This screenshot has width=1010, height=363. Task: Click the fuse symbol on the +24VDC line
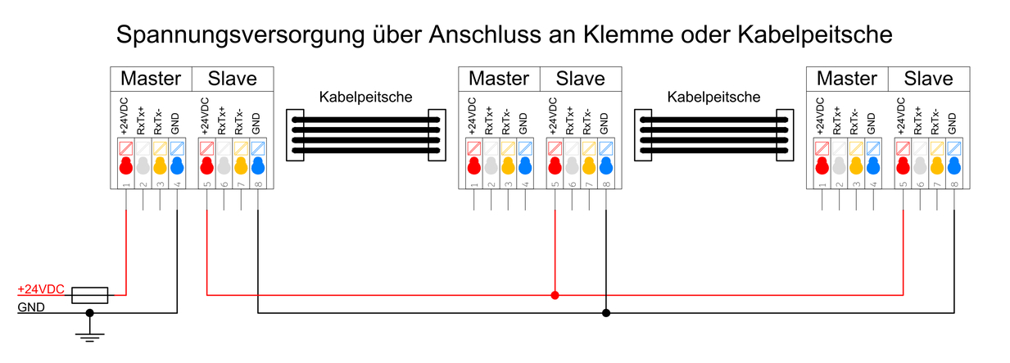click(89, 294)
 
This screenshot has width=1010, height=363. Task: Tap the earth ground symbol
click(90, 333)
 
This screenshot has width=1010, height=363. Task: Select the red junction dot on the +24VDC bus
click(555, 294)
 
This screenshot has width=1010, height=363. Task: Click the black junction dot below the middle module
click(606, 312)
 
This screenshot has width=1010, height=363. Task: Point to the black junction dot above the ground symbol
click(90, 312)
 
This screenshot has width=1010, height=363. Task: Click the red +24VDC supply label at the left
click(40, 289)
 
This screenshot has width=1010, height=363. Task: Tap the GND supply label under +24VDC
click(30, 307)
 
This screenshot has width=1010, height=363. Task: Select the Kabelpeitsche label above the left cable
click(365, 97)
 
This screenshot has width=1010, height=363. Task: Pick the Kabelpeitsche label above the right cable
click(713, 97)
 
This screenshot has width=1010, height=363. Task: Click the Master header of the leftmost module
click(151, 79)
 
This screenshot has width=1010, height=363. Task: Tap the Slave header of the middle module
click(580, 79)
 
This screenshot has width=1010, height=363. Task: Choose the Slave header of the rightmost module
click(929, 79)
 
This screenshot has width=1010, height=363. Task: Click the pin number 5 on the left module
click(207, 185)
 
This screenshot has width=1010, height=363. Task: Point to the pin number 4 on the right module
click(873, 185)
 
